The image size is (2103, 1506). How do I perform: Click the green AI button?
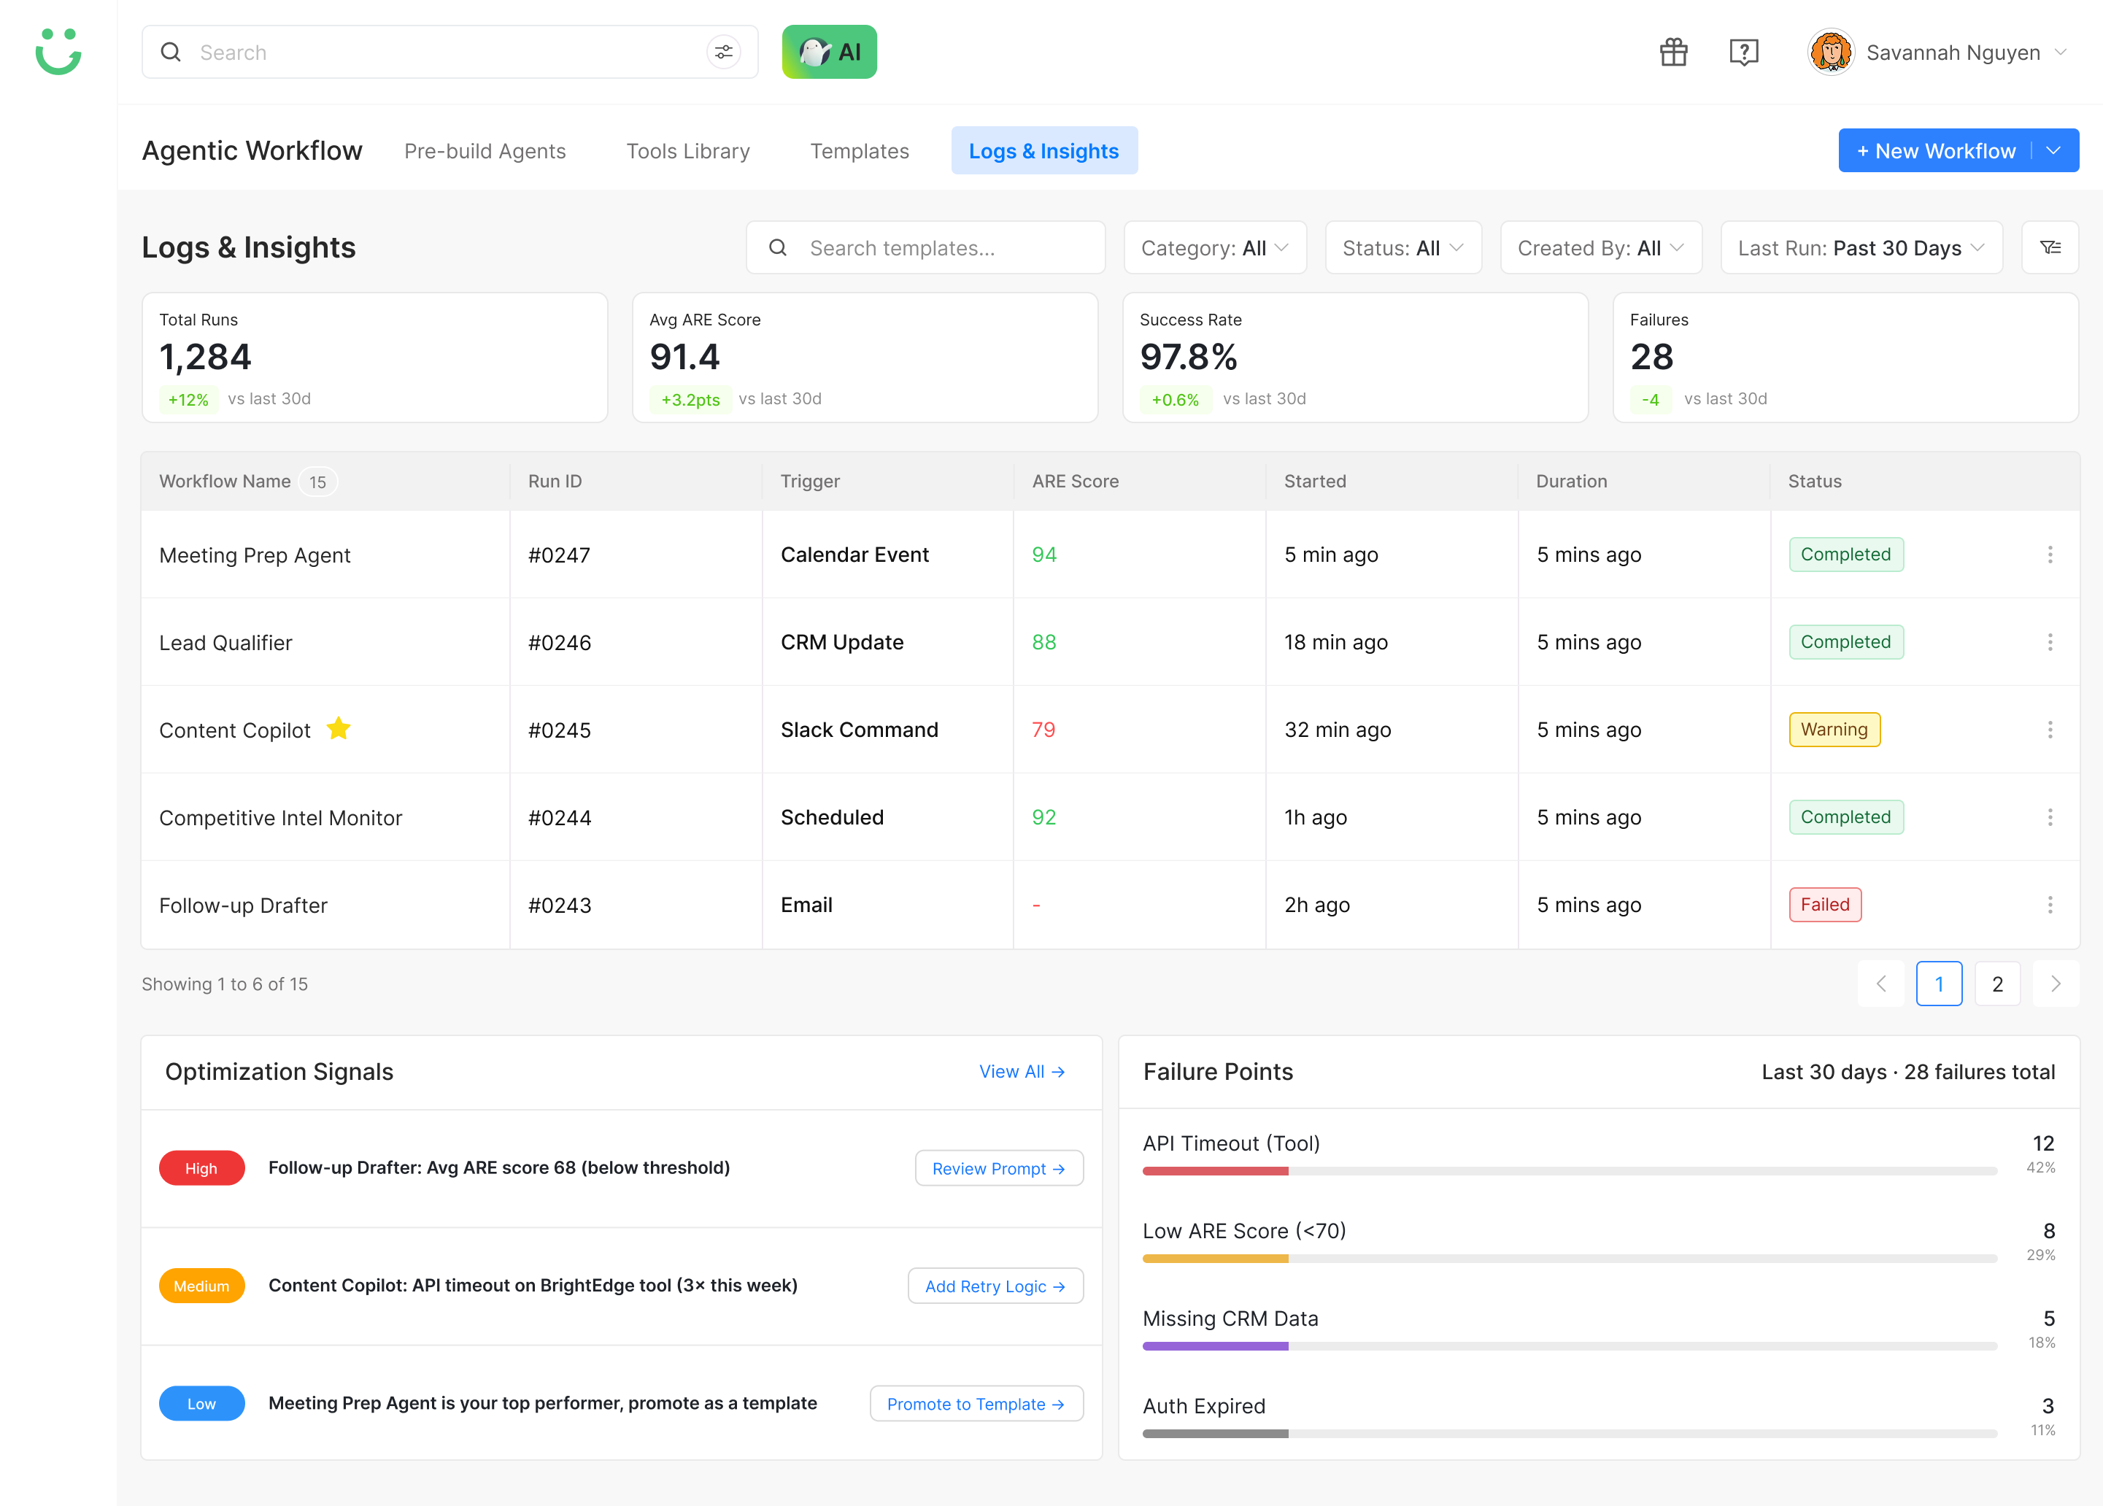(829, 52)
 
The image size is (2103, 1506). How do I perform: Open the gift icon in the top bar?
(1674, 52)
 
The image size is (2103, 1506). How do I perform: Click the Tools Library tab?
(688, 151)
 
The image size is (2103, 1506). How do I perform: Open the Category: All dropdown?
(1215, 247)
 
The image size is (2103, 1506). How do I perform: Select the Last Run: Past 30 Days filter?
(1861, 247)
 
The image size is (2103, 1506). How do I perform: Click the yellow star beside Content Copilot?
(339, 729)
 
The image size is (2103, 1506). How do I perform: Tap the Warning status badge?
(1834, 730)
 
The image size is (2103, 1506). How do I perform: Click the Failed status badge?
(1825, 905)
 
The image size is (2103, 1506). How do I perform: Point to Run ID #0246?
(559, 643)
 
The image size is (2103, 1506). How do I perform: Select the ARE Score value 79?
(1043, 730)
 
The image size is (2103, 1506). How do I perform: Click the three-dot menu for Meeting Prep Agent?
(2049, 555)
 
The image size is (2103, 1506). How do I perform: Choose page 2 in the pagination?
(1997, 984)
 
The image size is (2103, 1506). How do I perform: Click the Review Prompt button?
(999, 1168)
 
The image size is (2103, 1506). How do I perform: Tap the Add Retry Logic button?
(995, 1286)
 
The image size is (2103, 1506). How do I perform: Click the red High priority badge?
(201, 1168)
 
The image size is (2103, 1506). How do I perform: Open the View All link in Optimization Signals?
(1021, 1072)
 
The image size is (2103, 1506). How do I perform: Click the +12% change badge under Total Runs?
(188, 400)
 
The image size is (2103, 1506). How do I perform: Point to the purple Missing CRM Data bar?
(1215, 1346)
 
